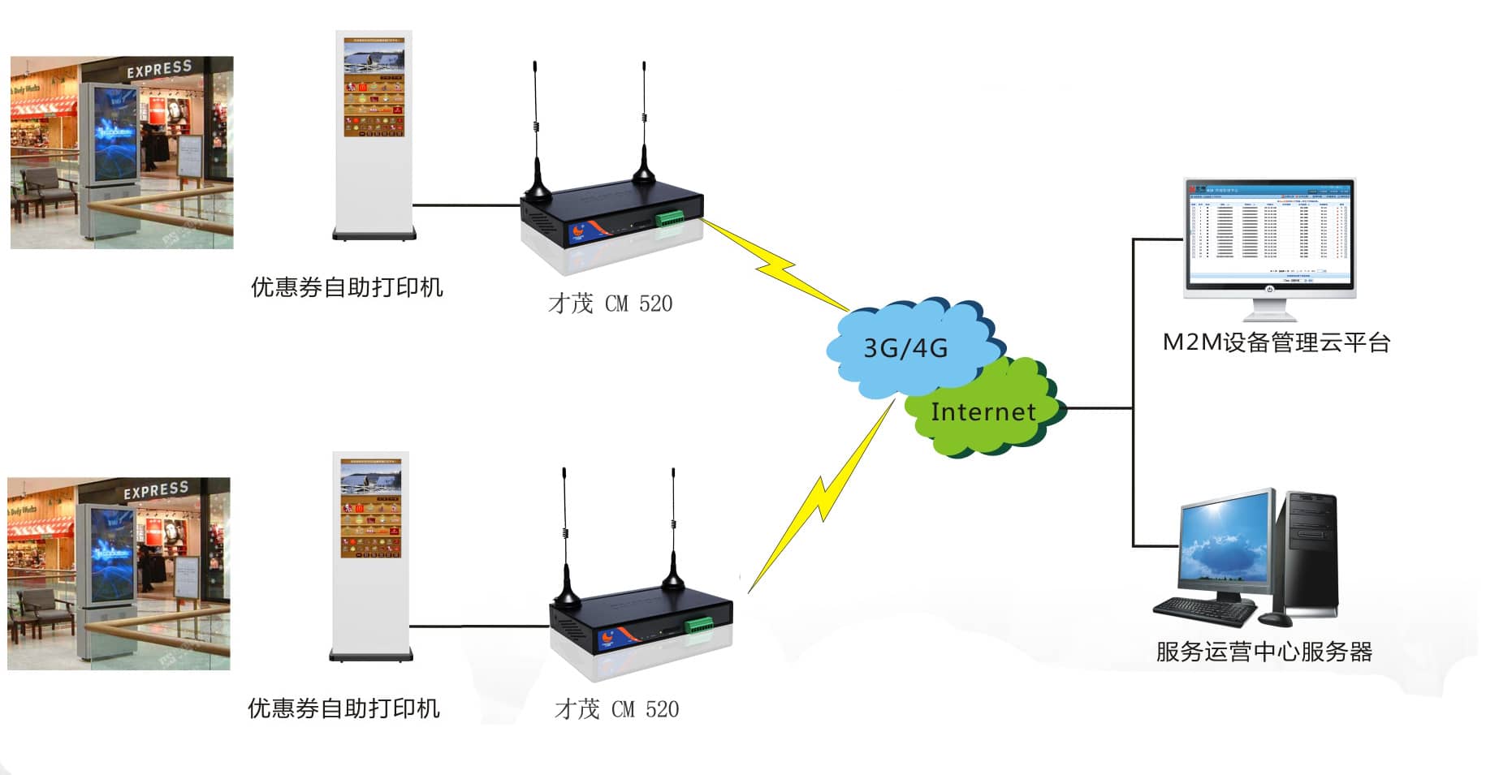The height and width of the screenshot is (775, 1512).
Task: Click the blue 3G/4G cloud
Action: (905, 347)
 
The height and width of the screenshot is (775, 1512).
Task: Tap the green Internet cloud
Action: (983, 411)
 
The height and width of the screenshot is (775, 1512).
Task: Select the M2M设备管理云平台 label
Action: (1276, 342)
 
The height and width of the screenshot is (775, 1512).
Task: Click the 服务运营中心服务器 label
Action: (1264, 652)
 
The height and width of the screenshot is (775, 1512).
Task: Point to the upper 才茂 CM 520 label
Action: (610, 304)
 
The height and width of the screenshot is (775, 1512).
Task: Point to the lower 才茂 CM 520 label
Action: (616, 709)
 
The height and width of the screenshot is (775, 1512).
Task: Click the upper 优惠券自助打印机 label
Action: (347, 287)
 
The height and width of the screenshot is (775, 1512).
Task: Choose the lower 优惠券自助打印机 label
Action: (343, 708)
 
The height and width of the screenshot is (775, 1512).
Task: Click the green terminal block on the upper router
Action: (670, 218)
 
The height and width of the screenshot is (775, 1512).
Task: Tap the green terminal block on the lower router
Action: (699, 626)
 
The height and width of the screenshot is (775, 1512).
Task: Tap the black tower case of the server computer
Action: (1309, 552)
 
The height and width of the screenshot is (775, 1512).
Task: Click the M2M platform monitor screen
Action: (1268, 232)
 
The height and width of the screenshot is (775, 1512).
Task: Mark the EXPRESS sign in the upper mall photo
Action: (159, 69)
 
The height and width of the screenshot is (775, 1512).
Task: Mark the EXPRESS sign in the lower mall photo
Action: (156, 490)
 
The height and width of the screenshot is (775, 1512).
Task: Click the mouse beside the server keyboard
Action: (1275, 619)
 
